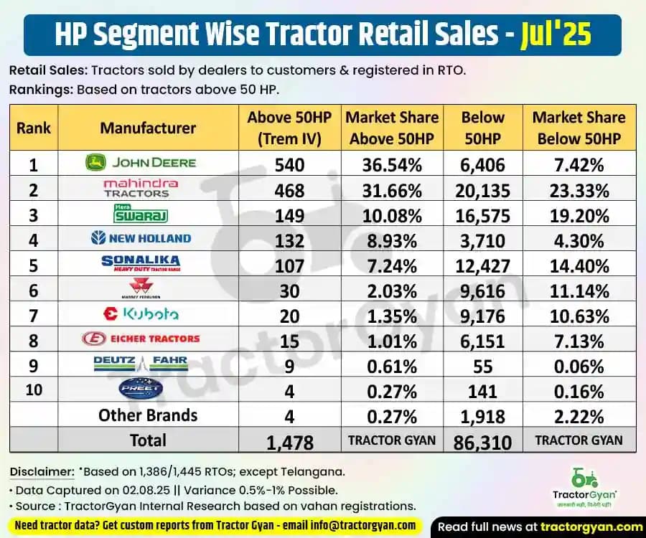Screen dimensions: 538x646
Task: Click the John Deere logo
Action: tap(141, 163)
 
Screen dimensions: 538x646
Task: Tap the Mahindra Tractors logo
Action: tap(141, 188)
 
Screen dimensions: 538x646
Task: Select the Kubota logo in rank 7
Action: tap(141, 313)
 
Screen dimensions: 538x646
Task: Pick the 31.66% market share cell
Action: tap(391, 191)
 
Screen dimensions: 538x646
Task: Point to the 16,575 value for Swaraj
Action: tap(483, 216)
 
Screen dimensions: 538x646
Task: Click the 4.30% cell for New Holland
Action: tap(579, 241)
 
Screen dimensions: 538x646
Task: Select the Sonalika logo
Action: tap(141, 264)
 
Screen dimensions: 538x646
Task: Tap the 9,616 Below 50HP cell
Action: tap(483, 291)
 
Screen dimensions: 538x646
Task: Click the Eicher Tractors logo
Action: tap(141, 339)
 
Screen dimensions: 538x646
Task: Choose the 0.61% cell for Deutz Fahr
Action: tap(391, 367)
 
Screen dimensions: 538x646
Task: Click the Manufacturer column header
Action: tap(147, 128)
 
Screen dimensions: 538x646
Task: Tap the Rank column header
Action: tap(34, 128)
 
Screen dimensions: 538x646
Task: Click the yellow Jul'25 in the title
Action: tap(556, 34)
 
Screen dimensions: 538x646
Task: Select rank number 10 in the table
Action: tap(33, 390)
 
